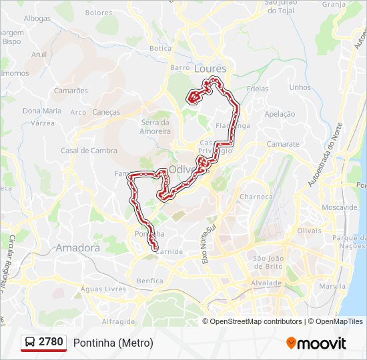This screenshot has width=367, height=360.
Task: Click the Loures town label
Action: [210, 69]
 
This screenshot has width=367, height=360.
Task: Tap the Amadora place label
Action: [77, 248]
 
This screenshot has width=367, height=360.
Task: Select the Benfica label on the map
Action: [149, 281]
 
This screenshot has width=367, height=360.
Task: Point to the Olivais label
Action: [309, 230]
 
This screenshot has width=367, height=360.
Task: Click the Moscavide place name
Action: [339, 207]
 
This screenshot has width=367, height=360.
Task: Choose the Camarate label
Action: [283, 144]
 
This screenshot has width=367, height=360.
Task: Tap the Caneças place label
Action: [106, 112]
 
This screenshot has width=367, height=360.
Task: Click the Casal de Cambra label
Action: [89, 151]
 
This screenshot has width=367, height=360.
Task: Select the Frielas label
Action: [257, 89]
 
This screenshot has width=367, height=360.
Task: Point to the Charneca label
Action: [256, 197]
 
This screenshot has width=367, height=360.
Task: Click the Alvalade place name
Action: [266, 283]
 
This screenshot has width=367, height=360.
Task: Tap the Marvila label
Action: [332, 287]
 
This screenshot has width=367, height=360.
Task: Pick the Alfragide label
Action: [119, 321]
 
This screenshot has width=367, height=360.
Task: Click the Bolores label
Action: [99, 13]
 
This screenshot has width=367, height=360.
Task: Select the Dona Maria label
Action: [42, 111]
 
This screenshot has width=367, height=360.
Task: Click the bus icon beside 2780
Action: [30, 343]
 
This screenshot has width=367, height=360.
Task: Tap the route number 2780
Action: [51, 343]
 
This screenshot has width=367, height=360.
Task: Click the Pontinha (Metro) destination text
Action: [113, 343]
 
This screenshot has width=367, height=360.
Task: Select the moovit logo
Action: [316, 343]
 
